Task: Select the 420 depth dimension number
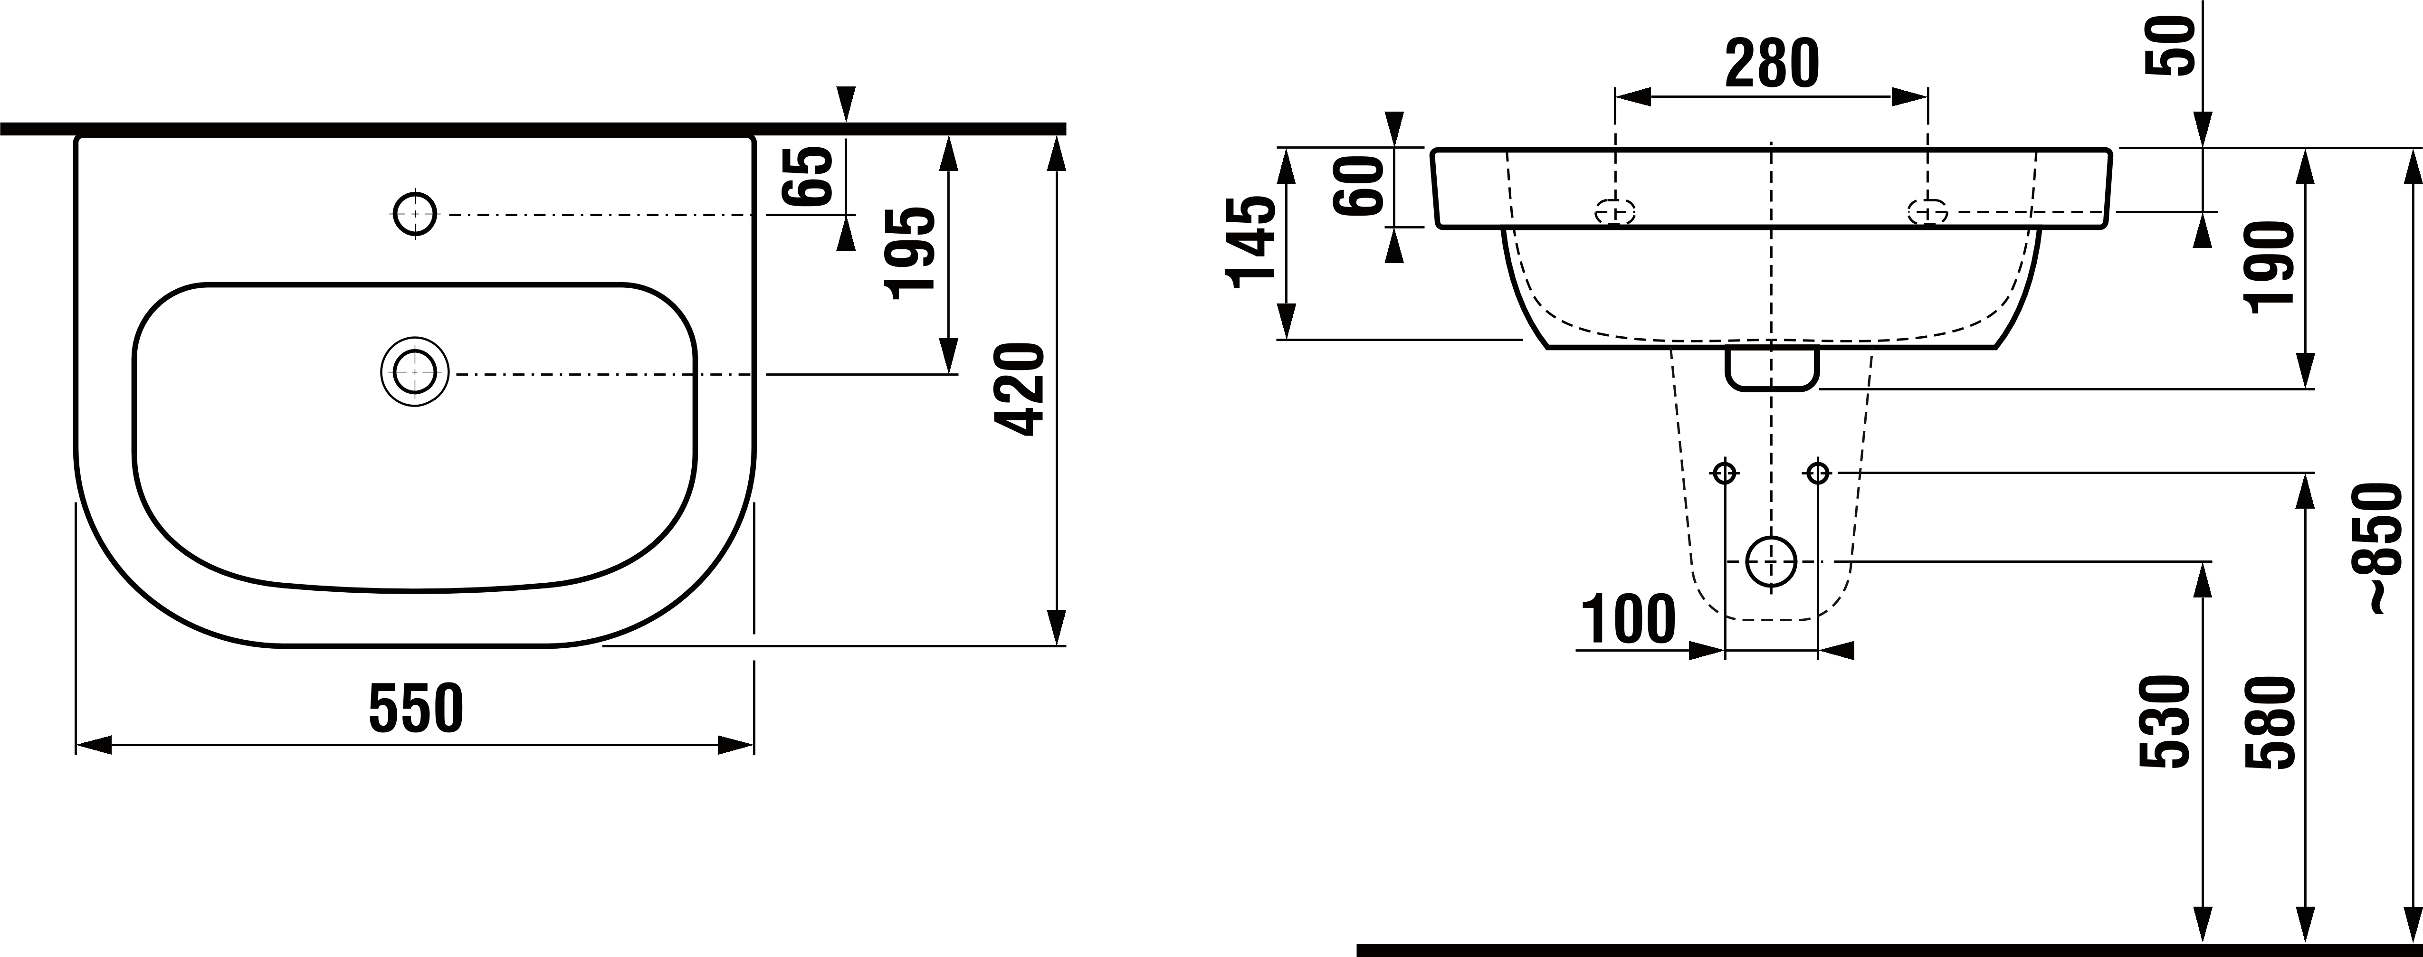pyautogui.click(x=1020, y=389)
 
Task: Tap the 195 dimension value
pyautogui.click(x=911, y=253)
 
